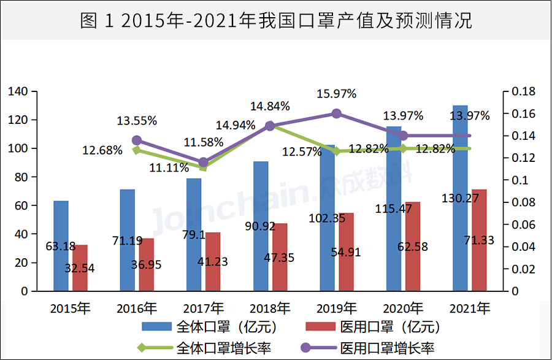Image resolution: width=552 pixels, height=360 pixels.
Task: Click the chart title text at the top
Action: coord(276,21)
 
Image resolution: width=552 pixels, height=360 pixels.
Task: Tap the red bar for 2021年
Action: coord(480,240)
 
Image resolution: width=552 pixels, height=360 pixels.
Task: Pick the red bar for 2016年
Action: coord(147,264)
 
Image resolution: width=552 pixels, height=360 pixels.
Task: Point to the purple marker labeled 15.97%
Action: coord(336,113)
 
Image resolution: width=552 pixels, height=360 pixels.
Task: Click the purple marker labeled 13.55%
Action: coord(137,140)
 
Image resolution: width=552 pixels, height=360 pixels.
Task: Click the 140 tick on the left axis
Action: coord(18,92)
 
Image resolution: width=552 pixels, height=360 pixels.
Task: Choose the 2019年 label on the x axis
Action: coord(336,308)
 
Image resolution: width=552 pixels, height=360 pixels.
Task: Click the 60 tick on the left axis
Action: coord(21,205)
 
